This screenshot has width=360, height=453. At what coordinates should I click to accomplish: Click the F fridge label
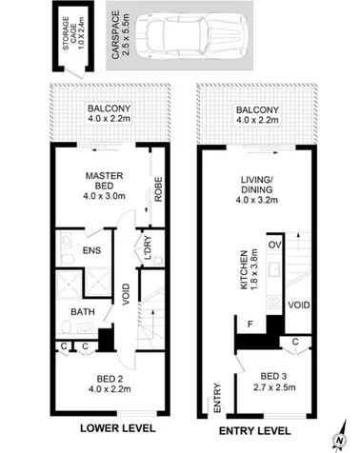pos(250,325)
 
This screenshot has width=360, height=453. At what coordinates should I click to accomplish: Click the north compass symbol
pos(339,438)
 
